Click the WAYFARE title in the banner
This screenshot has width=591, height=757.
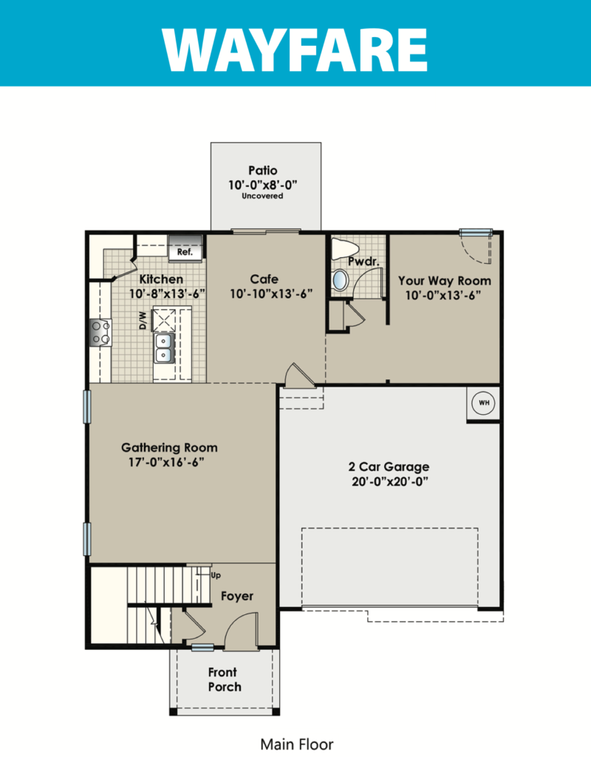tap(295, 50)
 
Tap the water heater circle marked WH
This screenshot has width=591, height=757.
tap(483, 403)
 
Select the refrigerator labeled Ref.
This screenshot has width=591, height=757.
tap(185, 248)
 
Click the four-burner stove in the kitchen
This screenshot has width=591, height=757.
tap(100, 333)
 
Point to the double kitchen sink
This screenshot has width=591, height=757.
tap(164, 348)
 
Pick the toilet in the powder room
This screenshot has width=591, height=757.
tap(344, 249)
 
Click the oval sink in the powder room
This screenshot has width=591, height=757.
tap(340, 280)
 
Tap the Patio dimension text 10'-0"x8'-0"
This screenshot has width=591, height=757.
tap(262, 184)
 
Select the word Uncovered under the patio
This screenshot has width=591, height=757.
tap(262, 196)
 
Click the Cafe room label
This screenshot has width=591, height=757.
tap(264, 279)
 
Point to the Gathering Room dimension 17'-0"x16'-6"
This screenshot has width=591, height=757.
tap(166, 462)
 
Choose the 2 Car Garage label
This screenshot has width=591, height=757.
tap(389, 467)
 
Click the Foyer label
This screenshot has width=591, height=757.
tap(237, 597)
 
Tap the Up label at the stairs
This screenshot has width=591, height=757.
tap(216, 575)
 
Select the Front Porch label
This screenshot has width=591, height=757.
tap(224, 679)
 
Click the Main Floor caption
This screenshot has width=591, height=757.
tap(297, 744)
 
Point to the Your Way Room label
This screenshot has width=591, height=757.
tap(444, 281)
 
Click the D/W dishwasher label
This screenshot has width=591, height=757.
tap(143, 320)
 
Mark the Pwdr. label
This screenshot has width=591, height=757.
tap(363, 262)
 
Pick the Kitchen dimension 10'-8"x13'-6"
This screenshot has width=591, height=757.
tap(167, 294)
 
